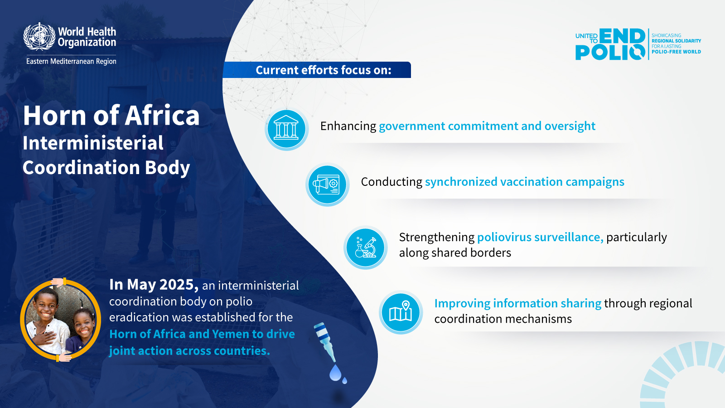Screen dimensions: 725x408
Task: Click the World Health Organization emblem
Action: pyautogui.click(x=39, y=36)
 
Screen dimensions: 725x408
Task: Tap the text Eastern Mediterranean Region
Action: pyautogui.click(x=71, y=61)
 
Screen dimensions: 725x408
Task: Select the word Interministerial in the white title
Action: pyautogui.click(x=93, y=143)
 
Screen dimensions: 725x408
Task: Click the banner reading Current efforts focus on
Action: pyautogui.click(x=317, y=70)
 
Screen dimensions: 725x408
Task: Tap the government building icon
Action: pyautogui.click(x=286, y=129)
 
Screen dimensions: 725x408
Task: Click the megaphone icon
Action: pyautogui.click(x=327, y=185)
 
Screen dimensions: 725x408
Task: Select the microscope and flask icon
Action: pyautogui.click(x=365, y=248)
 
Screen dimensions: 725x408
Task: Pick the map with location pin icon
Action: pyautogui.click(x=401, y=312)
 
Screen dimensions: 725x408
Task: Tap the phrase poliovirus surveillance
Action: pyautogui.click(x=540, y=238)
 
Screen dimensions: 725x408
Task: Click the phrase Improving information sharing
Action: pyautogui.click(x=518, y=304)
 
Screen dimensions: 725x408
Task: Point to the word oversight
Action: pyautogui.click(x=570, y=126)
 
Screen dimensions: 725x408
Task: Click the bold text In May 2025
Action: pyautogui.click(x=154, y=285)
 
